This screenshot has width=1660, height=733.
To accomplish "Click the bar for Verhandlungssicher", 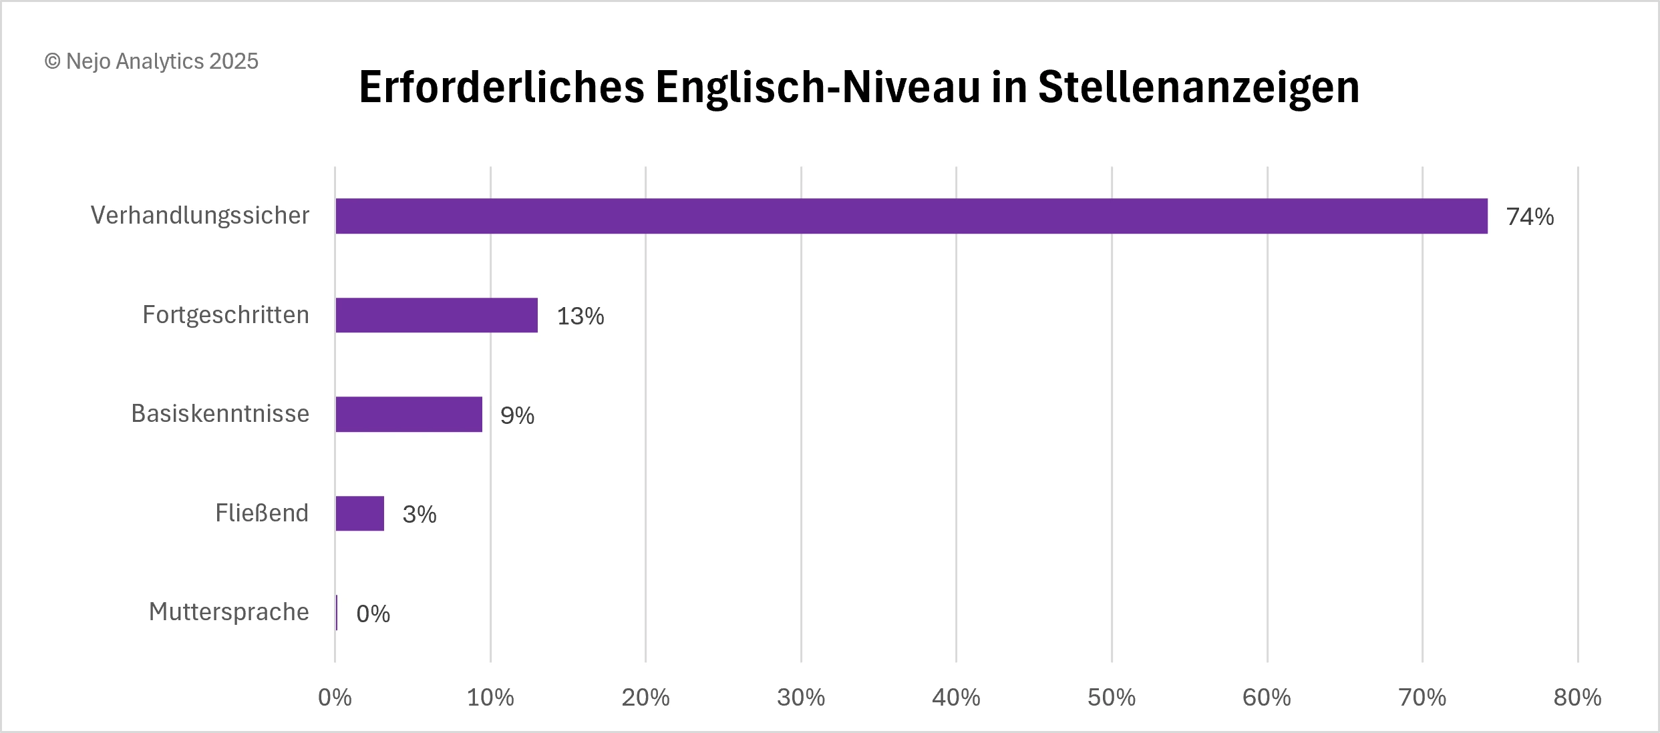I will pos(911,216).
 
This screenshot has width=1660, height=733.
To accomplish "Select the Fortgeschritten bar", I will pos(436,315).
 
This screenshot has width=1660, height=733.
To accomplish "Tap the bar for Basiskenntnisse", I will pos(408,414).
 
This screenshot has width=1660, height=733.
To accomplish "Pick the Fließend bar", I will pos(359,513).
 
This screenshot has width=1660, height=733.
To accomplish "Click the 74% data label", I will pos(1530,217).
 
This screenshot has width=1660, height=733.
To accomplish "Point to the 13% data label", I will pos(580,316).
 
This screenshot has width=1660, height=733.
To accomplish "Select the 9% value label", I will pos(517,415).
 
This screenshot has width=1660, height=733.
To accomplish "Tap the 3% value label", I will pos(420,514).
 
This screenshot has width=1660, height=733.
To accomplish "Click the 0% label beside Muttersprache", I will pos(373,614).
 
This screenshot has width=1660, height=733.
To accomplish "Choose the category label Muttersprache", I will pos(228,612).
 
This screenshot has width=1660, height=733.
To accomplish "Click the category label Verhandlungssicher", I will pos(200,215).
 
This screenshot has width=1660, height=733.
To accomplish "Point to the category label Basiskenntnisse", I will pos(220,413).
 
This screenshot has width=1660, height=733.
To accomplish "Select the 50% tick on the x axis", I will pos(1111,698).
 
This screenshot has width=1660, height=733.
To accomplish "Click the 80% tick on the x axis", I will pos(1577,698).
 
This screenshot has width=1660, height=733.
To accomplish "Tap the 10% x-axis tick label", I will pos(490,698).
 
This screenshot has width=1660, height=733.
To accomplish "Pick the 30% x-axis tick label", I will pos(800,698).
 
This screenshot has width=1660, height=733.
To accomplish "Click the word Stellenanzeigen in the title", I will pos(1198,87).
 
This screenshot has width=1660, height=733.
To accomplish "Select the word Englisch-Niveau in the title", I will pos(817,87).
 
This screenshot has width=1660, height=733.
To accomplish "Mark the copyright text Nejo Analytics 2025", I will pos(152,61).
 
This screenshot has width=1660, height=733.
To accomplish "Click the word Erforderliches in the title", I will pos(502,87).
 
